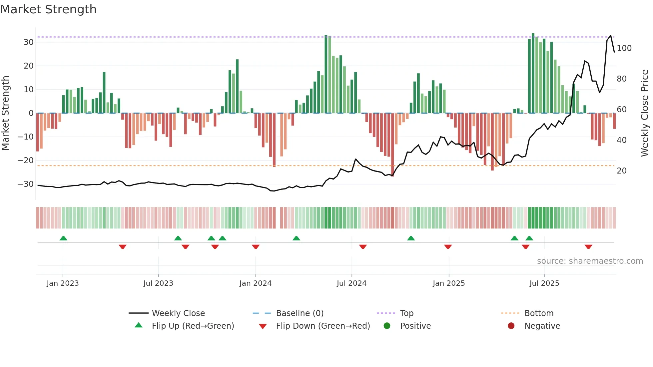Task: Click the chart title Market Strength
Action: (x=48, y=9)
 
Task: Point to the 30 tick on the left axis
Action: (x=29, y=42)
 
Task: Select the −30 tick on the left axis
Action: (x=26, y=184)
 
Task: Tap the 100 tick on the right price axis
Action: (x=624, y=48)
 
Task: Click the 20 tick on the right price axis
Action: (x=622, y=171)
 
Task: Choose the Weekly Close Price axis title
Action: (x=645, y=113)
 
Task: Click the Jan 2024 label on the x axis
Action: (x=255, y=283)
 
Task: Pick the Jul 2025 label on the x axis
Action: (x=544, y=283)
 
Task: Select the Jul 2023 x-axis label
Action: (x=158, y=283)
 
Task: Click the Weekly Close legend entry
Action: (x=178, y=313)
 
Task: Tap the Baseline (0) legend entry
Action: (x=300, y=313)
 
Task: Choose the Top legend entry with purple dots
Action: (x=406, y=313)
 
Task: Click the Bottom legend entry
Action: (x=539, y=313)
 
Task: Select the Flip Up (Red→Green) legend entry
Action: (x=193, y=326)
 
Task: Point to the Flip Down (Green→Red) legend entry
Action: (x=323, y=326)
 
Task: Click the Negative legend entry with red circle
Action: (x=542, y=326)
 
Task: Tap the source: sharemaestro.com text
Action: (x=590, y=261)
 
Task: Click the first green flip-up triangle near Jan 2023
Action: (x=63, y=238)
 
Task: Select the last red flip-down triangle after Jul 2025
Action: (x=588, y=247)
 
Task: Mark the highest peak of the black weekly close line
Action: (x=611, y=36)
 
